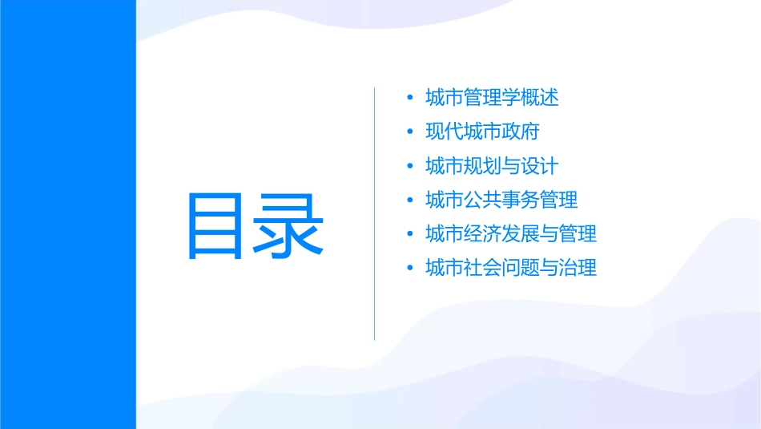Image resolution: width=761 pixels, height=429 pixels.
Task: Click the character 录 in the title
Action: pyautogui.click(x=289, y=225)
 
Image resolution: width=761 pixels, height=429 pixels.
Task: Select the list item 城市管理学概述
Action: pyautogui.click(x=492, y=98)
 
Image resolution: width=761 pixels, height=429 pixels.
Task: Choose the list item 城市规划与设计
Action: pyautogui.click(x=492, y=166)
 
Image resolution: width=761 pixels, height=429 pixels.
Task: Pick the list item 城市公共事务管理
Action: pyautogui.click(x=501, y=200)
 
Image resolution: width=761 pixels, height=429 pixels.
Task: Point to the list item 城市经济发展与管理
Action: pyautogui.click(x=511, y=234)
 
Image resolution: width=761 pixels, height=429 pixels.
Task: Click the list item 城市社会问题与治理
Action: pyautogui.click(x=511, y=268)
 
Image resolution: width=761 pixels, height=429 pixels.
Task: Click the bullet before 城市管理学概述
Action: pyautogui.click(x=411, y=99)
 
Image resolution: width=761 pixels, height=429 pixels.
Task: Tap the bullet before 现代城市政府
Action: pyautogui.click(x=411, y=132)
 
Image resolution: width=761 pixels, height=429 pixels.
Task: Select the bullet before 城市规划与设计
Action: pyautogui.click(x=411, y=167)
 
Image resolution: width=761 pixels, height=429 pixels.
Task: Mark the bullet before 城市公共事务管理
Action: pyautogui.click(x=411, y=200)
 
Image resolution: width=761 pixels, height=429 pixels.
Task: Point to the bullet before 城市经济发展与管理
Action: pyautogui.click(x=411, y=235)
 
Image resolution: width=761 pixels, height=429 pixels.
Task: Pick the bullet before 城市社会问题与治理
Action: pyautogui.click(x=411, y=269)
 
